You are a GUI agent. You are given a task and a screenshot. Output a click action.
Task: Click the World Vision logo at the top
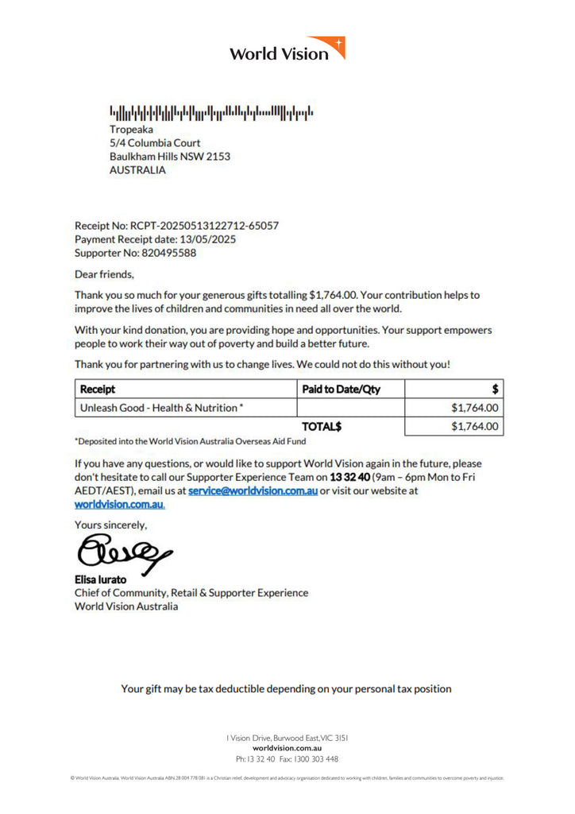pos(287,49)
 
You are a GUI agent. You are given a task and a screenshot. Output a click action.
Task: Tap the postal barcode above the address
pos(210,112)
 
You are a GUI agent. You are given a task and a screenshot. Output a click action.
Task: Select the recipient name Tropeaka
pos(131,129)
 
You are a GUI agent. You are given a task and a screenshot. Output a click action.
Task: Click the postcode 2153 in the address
pos(218,157)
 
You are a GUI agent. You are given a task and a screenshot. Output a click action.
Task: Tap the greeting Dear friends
pos(105,275)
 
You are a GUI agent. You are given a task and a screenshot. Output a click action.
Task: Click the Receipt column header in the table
pos(98,390)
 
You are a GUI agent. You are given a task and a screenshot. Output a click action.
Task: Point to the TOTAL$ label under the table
pos(321,427)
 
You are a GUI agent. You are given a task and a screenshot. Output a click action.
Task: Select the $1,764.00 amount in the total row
pos(474,427)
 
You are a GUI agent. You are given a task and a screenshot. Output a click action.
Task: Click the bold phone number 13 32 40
pos(349,477)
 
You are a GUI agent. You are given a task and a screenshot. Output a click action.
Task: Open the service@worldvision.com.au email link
pos(253,490)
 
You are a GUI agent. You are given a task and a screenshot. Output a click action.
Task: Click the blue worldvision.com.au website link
pos(119,504)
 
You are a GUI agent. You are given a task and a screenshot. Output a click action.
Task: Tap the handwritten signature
pos(123,551)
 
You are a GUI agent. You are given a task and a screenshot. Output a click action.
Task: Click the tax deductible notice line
pos(286,688)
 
